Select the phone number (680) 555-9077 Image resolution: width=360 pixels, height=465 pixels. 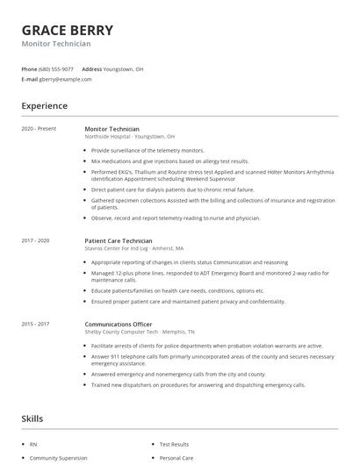[56, 68]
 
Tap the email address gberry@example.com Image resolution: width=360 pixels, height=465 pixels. [65, 79]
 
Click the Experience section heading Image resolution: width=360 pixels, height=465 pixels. [44, 106]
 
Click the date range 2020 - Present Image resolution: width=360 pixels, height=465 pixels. [38, 129]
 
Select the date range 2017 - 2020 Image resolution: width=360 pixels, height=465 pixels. [36, 240]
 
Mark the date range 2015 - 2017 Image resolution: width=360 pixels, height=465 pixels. [36, 324]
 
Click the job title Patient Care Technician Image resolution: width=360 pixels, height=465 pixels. [119, 240]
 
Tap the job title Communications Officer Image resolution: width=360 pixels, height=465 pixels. [121, 324]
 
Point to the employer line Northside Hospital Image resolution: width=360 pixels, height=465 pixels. [130, 138]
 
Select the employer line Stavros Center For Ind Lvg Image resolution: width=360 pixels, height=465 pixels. [134, 249]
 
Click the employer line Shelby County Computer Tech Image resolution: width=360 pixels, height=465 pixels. [138, 333]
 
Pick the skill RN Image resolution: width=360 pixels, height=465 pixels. [32, 445]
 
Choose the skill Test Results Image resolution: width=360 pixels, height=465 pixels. [174, 445]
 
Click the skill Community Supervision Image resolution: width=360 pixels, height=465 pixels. [57, 458]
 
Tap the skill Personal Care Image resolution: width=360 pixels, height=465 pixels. [176, 458]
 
